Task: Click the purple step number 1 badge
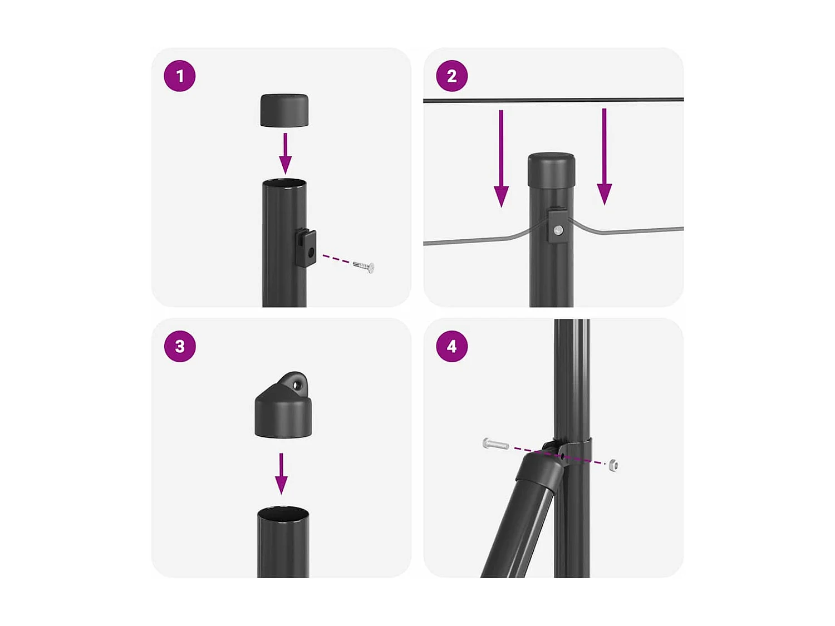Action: tap(179, 76)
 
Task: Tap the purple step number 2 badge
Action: tap(451, 76)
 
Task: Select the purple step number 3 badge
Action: tap(179, 346)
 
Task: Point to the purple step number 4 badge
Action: tap(451, 346)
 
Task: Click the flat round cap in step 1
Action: tap(284, 110)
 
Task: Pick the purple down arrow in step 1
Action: tap(285, 154)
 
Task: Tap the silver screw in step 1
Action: tap(364, 267)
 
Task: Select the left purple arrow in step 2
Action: tap(501, 159)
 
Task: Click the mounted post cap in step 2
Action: tap(551, 169)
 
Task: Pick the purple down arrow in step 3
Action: tap(282, 474)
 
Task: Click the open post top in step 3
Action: tap(283, 513)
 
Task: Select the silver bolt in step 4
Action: tap(495, 444)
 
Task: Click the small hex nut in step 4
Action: tap(613, 465)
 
